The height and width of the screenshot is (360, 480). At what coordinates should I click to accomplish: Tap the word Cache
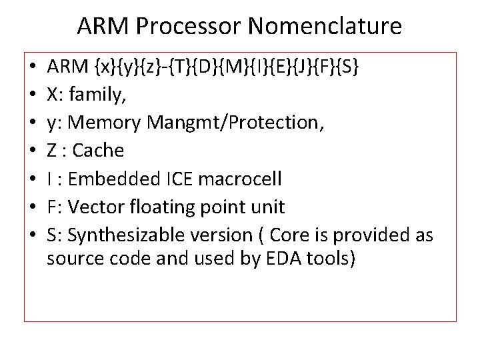(x=98, y=151)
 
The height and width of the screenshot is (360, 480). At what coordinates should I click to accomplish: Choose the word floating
(x=158, y=207)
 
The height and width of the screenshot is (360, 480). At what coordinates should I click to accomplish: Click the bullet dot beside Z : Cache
(x=32, y=151)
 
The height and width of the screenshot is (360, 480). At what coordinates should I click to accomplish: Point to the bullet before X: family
(x=32, y=95)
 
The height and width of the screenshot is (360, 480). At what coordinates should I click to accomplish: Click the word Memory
(x=110, y=123)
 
